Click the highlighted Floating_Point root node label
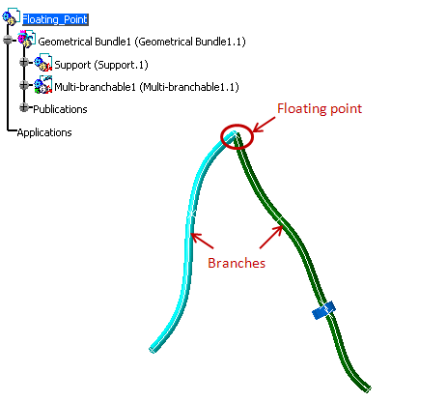[55, 19]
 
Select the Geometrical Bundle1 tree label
[142, 42]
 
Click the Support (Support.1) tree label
[101, 65]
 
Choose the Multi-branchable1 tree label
[147, 87]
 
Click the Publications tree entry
[60, 109]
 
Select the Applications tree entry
[44, 132]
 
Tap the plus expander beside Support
[23, 62]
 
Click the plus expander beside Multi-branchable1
[23, 85]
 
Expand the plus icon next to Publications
[23, 107]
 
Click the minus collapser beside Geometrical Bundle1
[7, 40]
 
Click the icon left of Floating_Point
[11, 16]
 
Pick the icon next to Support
[43, 62]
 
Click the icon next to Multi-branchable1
[43, 85]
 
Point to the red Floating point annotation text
[320, 108]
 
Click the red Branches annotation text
[237, 263]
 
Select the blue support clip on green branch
[323, 310]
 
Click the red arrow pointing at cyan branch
[202, 241]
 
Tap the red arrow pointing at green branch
[271, 237]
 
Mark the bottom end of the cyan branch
[152, 350]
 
